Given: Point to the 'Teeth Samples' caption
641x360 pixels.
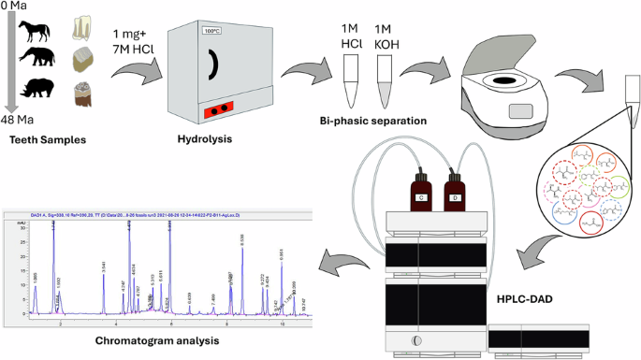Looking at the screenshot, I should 48,140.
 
